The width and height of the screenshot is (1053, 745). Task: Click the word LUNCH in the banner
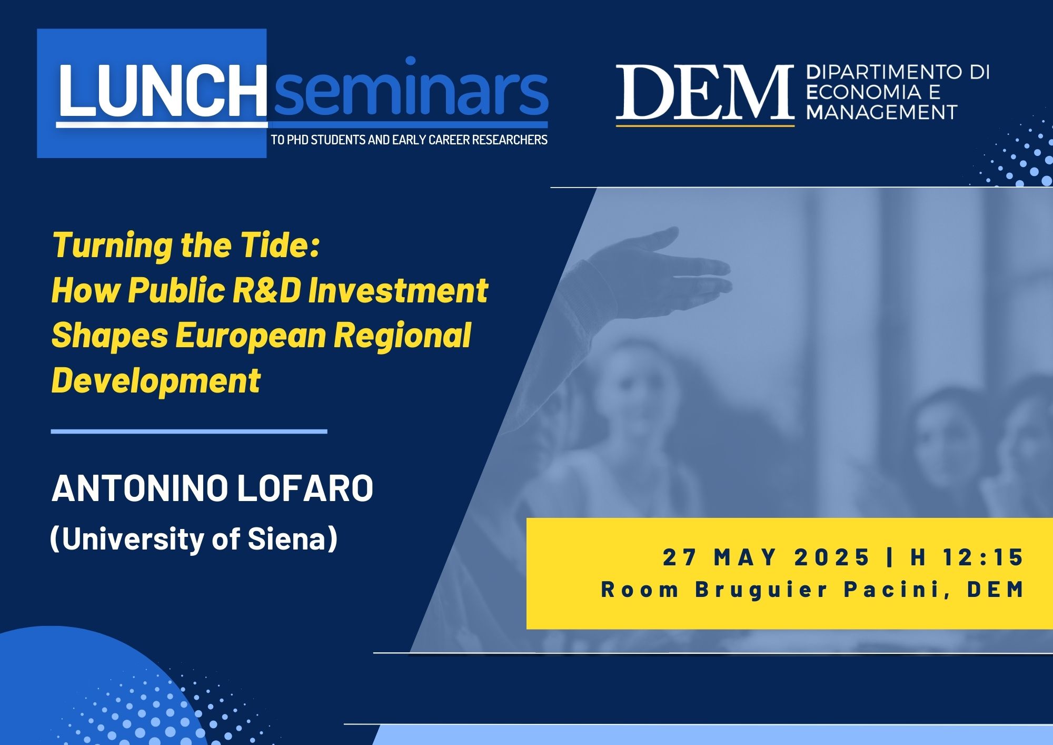pos(163,91)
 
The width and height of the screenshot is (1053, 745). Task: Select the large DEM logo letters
pos(705,92)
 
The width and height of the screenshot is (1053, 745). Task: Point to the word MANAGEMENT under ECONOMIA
pos(881,112)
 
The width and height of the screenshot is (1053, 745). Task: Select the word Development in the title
pos(156,381)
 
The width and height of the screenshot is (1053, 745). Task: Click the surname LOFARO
pos(305,488)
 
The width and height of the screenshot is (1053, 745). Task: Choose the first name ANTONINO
pos(140,488)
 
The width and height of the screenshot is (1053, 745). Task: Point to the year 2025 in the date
pos(832,557)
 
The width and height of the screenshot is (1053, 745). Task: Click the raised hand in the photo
pos(658,263)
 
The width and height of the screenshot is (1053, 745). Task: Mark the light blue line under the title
pos(189,432)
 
